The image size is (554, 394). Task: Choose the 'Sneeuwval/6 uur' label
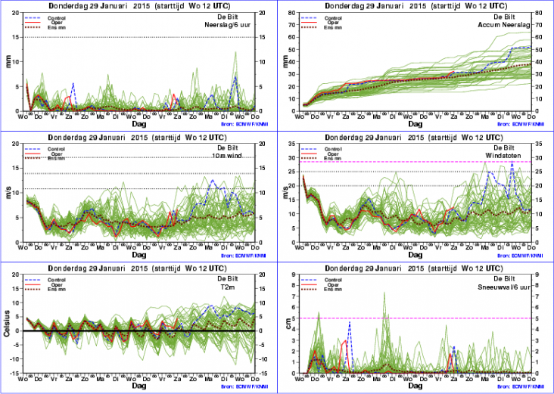click(x=503, y=285)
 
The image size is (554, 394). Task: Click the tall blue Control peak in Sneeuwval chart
click(x=350, y=324)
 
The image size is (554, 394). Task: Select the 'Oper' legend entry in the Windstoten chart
click(x=331, y=154)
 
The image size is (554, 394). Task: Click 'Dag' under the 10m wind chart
click(x=137, y=254)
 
